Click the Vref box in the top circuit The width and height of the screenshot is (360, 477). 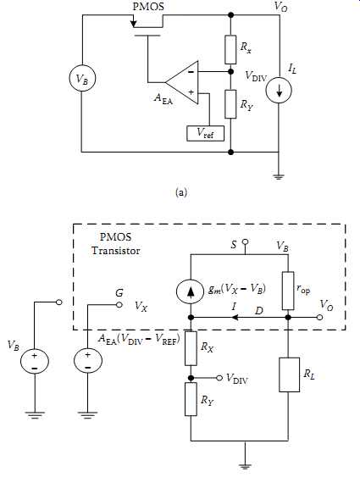coord(206,133)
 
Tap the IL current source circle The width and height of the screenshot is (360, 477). coord(279,91)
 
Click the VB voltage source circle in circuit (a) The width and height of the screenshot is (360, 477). coord(82,79)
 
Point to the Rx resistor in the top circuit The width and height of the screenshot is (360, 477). coord(230,50)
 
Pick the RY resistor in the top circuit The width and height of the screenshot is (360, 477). coord(230,104)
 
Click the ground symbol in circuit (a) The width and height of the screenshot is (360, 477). coord(279,176)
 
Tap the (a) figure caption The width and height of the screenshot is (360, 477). coord(181,192)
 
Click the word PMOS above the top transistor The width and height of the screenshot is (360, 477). coord(148,7)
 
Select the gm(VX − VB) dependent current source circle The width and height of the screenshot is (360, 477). coord(191,291)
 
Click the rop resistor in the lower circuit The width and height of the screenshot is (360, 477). coord(288,291)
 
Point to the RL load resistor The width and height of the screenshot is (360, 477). coord(289,374)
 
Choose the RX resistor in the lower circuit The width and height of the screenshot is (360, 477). coord(191,348)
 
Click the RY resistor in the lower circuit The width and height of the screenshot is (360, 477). coord(191,399)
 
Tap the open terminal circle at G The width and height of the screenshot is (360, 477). coord(119,304)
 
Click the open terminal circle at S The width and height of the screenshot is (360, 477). coord(245,242)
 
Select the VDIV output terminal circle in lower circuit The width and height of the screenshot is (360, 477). coord(219,378)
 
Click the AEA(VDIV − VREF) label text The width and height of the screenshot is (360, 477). coord(139,339)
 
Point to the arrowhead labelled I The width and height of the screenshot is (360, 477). coord(235,318)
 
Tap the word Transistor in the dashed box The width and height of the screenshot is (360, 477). coord(116,251)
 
